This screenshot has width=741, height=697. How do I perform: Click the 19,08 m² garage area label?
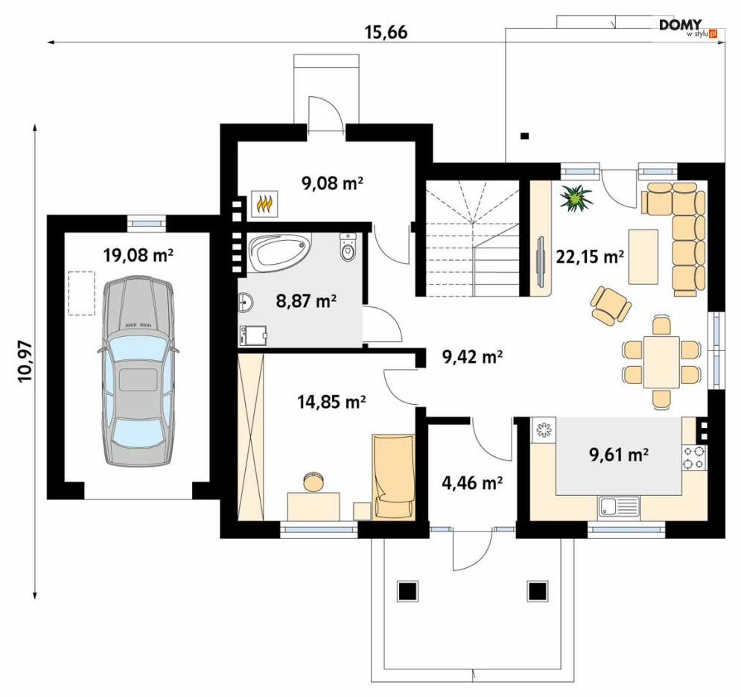[x=138, y=256]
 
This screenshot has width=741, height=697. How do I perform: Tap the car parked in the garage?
[x=138, y=372]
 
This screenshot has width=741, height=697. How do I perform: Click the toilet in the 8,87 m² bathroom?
[x=348, y=247]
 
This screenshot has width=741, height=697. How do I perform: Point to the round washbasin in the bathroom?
[x=246, y=303]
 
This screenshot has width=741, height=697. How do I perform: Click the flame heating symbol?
[x=264, y=204]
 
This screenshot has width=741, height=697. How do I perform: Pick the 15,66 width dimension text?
[x=386, y=32]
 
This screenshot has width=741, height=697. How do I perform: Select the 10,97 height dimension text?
[x=25, y=362]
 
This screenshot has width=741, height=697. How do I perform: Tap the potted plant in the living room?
[x=576, y=198]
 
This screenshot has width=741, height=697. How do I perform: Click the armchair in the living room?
[x=610, y=305]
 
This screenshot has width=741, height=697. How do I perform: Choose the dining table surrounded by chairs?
[x=661, y=362]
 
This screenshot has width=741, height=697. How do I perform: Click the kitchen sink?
[x=619, y=506]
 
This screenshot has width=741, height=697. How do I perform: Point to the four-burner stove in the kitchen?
[x=694, y=457]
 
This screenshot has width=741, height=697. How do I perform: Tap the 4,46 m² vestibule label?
[x=471, y=483]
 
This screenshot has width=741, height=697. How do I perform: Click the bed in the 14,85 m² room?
[x=394, y=477]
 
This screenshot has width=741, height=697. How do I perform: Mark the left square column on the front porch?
[x=407, y=590]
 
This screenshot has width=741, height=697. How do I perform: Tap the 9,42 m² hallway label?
[x=472, y=357]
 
